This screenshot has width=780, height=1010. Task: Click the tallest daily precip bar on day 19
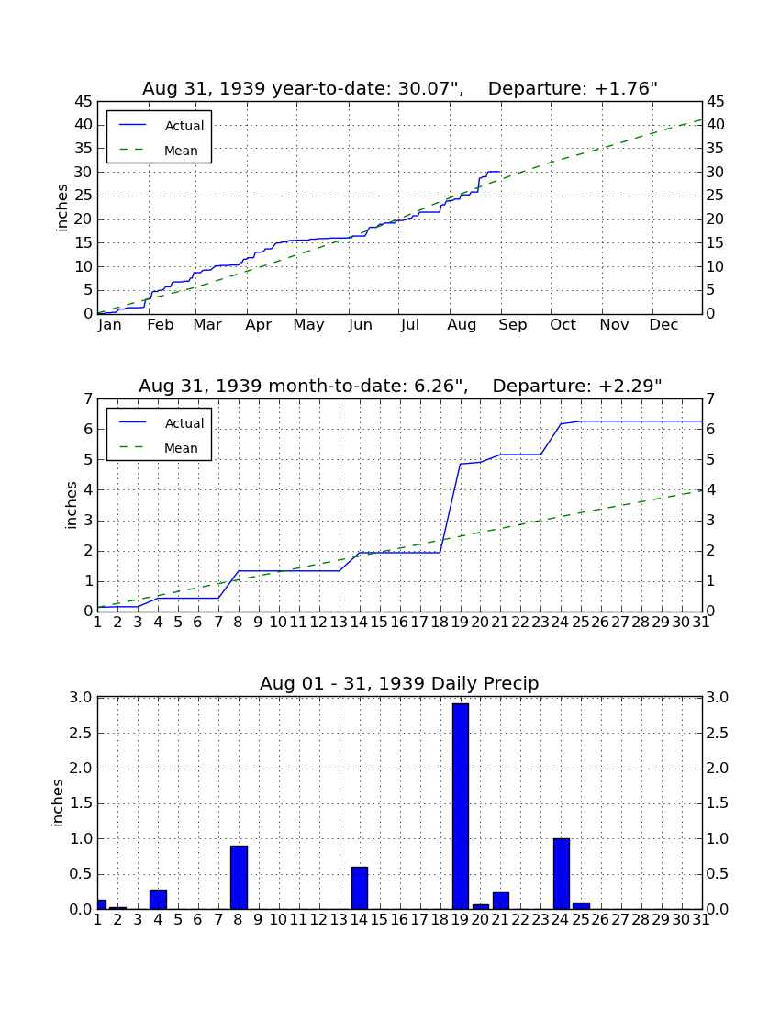(460, 806)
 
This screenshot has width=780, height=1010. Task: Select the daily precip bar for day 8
(239, 877)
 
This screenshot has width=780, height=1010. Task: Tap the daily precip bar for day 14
(360, 888)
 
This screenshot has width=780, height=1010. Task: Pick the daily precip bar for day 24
(562, 874)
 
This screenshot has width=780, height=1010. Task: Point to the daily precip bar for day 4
(159, 900)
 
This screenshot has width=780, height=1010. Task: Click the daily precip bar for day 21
(501, 901)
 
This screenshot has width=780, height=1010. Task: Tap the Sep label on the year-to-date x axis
(512, 325)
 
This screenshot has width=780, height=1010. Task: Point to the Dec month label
(663, 325)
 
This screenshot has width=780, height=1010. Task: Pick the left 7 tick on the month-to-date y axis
(88, 399)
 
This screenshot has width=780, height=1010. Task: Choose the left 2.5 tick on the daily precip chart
(81, 733)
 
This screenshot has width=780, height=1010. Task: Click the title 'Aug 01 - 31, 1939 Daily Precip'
(399, 683)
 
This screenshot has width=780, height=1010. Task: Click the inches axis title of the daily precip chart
(58, 803)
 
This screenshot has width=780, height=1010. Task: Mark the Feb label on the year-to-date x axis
(161, 325)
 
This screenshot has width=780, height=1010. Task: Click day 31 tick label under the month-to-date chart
(701, 623)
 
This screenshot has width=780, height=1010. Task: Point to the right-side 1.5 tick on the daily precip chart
(718, 803)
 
